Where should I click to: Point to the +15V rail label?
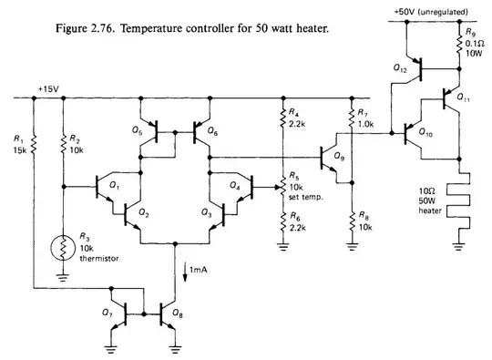(x=47, y=89)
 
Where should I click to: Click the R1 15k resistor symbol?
(x=32, y=143)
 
